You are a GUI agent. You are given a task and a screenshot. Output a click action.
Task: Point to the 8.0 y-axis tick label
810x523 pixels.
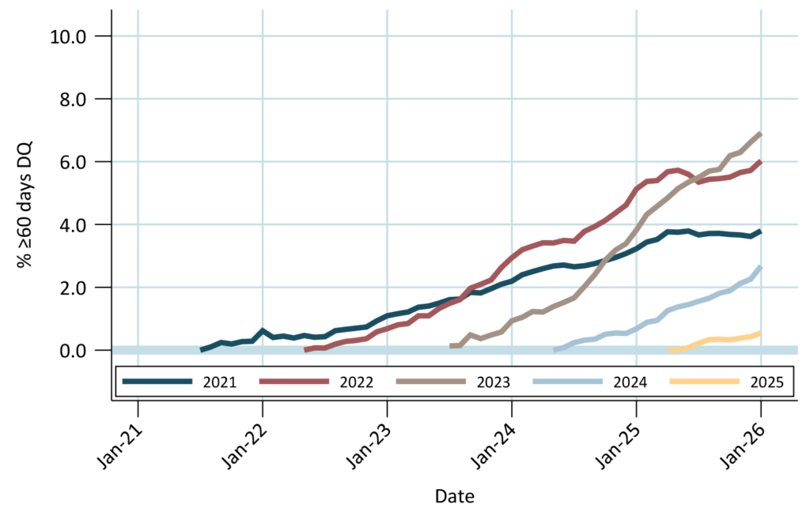click(x=83, y=100)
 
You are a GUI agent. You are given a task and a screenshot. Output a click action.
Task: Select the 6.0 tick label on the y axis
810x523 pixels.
click(x=83, y=162)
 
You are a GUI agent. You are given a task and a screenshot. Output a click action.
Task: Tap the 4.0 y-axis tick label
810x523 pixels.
click(x=83, y=225)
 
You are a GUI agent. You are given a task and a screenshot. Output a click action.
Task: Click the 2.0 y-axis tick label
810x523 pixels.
click(x=83, y=288)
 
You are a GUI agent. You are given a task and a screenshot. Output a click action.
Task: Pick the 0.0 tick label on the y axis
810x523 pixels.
click(x=83, y=351)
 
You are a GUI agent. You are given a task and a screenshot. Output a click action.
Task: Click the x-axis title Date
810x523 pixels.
click(x=454, y=497)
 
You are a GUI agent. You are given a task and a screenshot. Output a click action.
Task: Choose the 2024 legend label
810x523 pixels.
click(x=631, y=382)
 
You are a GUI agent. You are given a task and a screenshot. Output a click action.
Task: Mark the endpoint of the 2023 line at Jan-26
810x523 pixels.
click(x=761, y=134)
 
